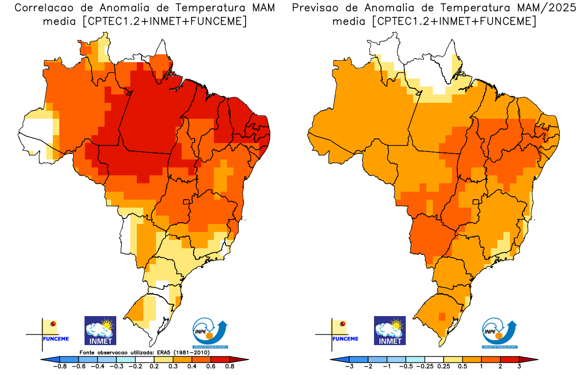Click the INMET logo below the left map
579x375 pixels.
(100, 330)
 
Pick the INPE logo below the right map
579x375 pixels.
(499, 333)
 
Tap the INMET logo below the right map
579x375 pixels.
(390, 330)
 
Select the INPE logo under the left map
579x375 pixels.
(210, 333)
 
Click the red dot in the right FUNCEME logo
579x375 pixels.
(343, 324)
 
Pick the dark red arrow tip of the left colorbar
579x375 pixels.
(244, 359)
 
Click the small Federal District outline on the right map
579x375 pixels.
(477, 202)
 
